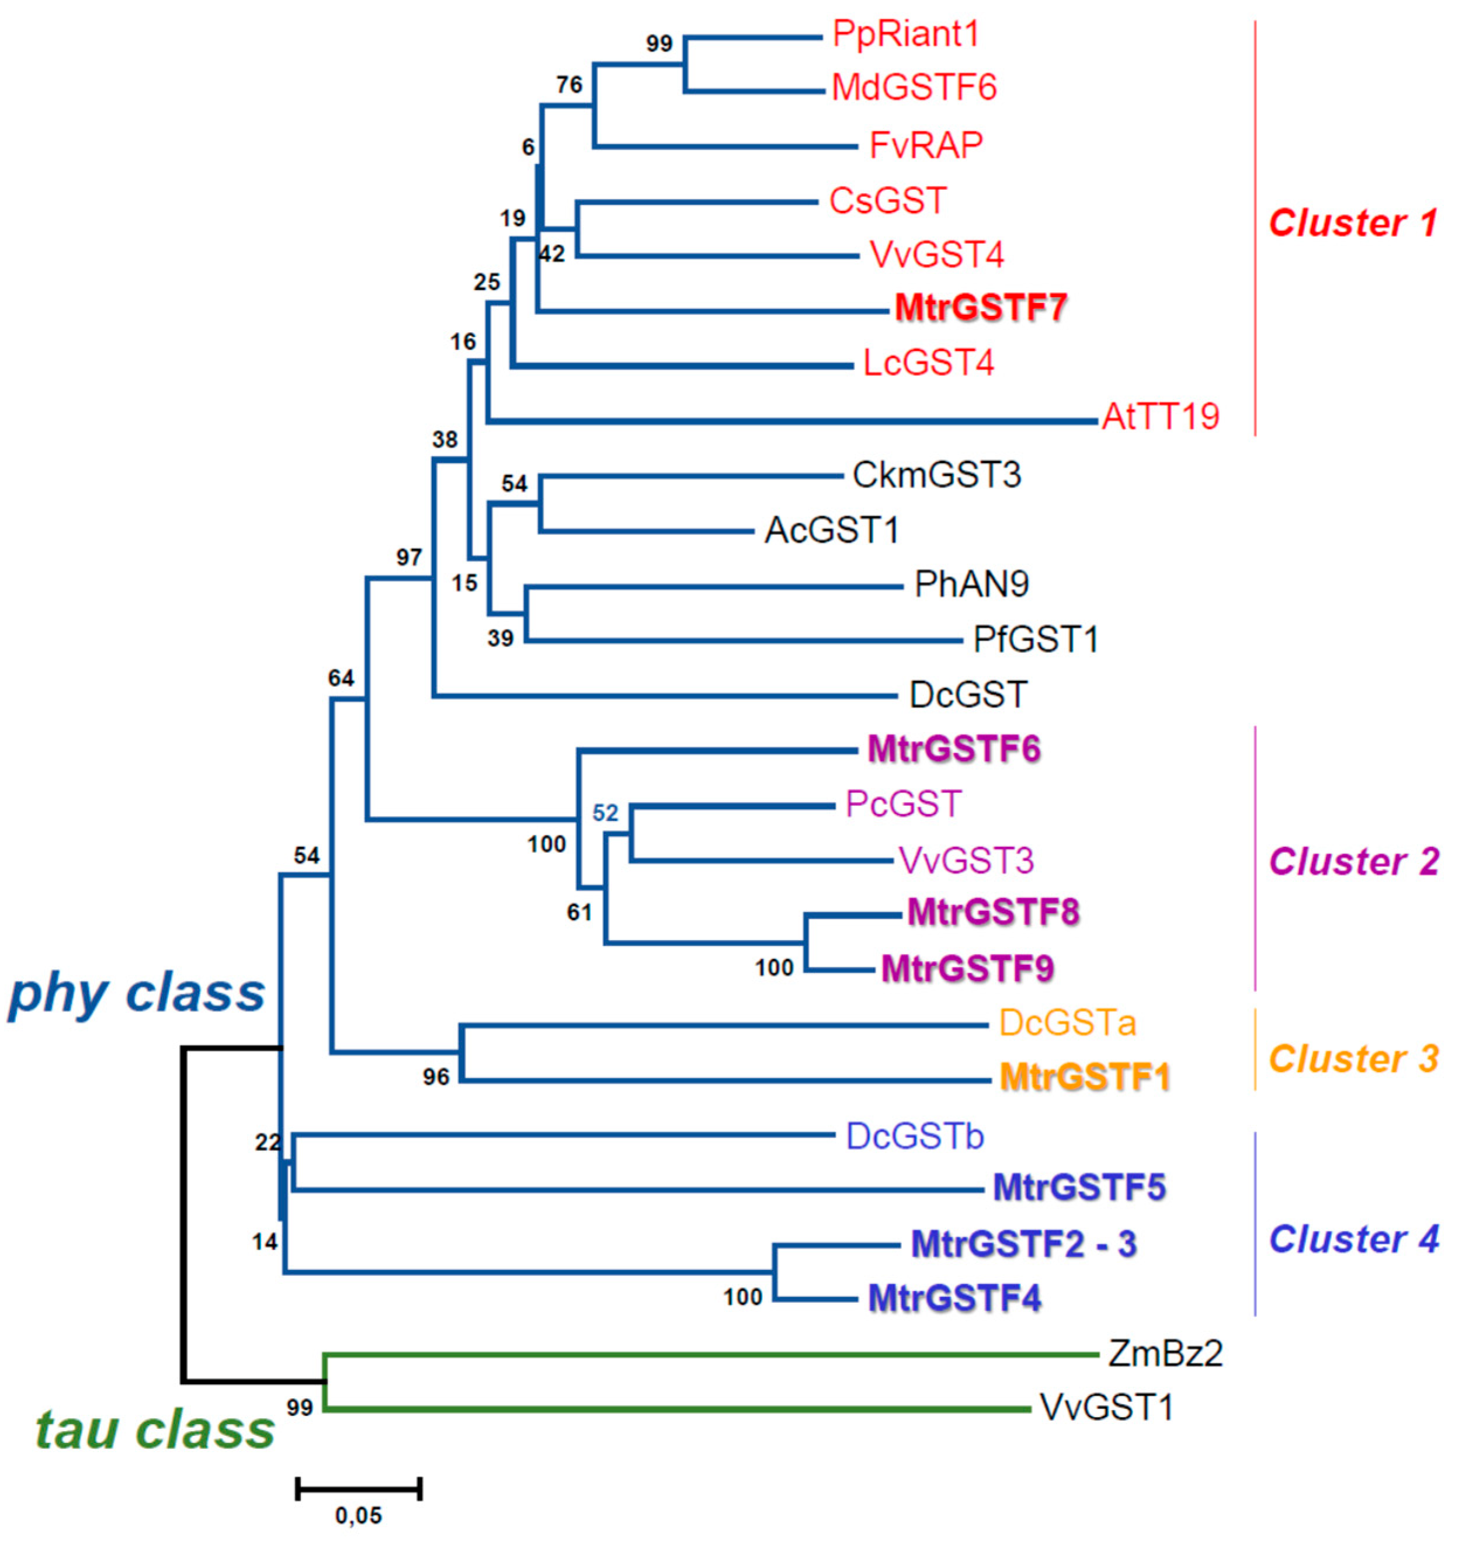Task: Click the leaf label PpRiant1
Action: click(905, 34)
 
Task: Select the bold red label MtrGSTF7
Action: click(980, 308)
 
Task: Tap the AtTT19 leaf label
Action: click(1161, 417)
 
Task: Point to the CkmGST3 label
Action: click(936, 475)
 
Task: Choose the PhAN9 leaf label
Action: click(971, 584)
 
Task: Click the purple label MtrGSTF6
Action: click(954, 750)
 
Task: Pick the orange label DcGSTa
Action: click(1067, 1023)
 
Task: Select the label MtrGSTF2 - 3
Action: click(1023, 1244)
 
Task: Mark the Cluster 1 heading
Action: click(1353, 224)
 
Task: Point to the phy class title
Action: click(136, 995)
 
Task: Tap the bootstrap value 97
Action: click(409, 557)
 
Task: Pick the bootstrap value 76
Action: click(569, 84)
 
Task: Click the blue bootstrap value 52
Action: click(605, 813)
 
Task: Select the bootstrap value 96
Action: click(436, 1077)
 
